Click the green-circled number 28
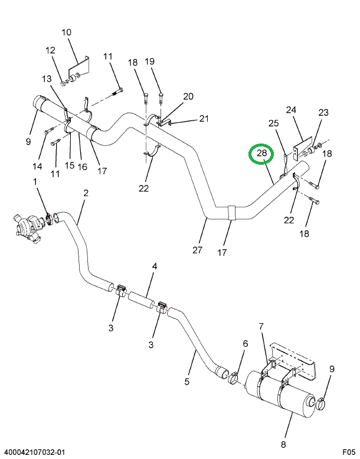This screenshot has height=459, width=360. coord(261,154)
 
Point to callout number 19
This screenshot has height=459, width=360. coord(149,61)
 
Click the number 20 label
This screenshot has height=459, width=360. coord(188,96)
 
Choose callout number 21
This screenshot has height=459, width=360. coord(204,118)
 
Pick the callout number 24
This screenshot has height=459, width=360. coord(291,109)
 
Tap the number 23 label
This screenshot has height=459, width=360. coord(323,112)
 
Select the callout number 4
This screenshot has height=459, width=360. coord(155,267)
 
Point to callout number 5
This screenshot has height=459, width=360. coord(186,382)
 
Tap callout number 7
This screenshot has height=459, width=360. coord(261,326)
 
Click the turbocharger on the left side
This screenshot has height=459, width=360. coord(25,227)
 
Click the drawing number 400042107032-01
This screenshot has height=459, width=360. coord(33,453)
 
